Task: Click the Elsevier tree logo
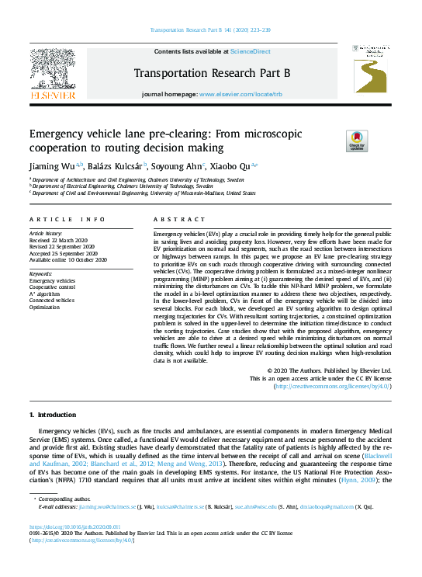click(x=53, y=71)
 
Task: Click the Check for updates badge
click(x=334, y=141)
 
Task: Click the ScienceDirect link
click(x=250, y=51)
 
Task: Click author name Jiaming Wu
click(x=49, y=165)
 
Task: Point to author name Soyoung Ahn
click(x=175, y=165)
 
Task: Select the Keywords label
click(x=41, y=274)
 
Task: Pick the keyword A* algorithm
click(x=46, y=294)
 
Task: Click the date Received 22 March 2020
click(x=60, y=240)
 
